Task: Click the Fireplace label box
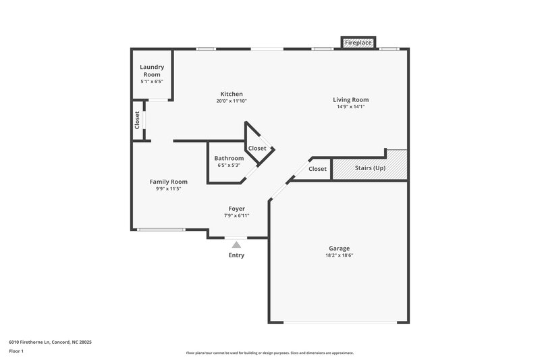pos(358,43)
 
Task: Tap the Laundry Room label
pos(152,70)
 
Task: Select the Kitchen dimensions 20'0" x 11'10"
pos(232,101)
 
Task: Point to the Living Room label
pos(350,99)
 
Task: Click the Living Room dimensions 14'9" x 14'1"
pos(350,107)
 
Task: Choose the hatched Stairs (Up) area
pos(370,168)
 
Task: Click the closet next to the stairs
pos(317,169)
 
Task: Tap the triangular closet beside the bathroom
pos(256,148)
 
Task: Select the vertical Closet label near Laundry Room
pos(137,120)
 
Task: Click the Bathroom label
pos(229,158)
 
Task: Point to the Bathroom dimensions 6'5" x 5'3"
pos(229,165)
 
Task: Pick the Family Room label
pos(168,181)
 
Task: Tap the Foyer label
pos(236,209)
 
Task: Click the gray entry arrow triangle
pos(236,244)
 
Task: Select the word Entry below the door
pos(236,255)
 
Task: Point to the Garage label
pos(340,248)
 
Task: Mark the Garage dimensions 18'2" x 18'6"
pos(340,256)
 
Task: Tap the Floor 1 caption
pos(16,352)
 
